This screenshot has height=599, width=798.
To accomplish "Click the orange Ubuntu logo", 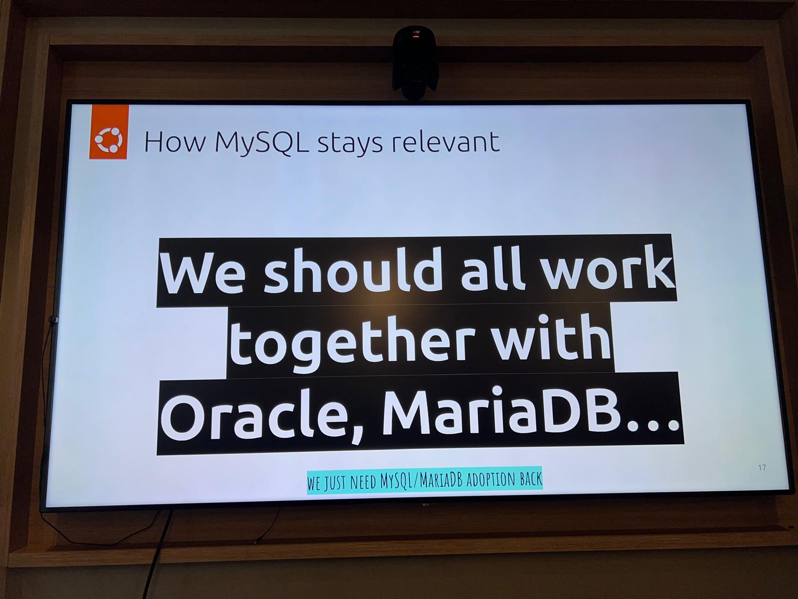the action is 108,132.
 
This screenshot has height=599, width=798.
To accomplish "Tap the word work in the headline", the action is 609,269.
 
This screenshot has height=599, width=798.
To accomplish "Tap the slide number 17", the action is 762,467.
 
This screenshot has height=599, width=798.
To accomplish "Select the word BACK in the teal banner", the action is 531,479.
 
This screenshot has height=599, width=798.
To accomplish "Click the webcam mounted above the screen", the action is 414,62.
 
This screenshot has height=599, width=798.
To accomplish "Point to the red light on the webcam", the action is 414,37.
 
